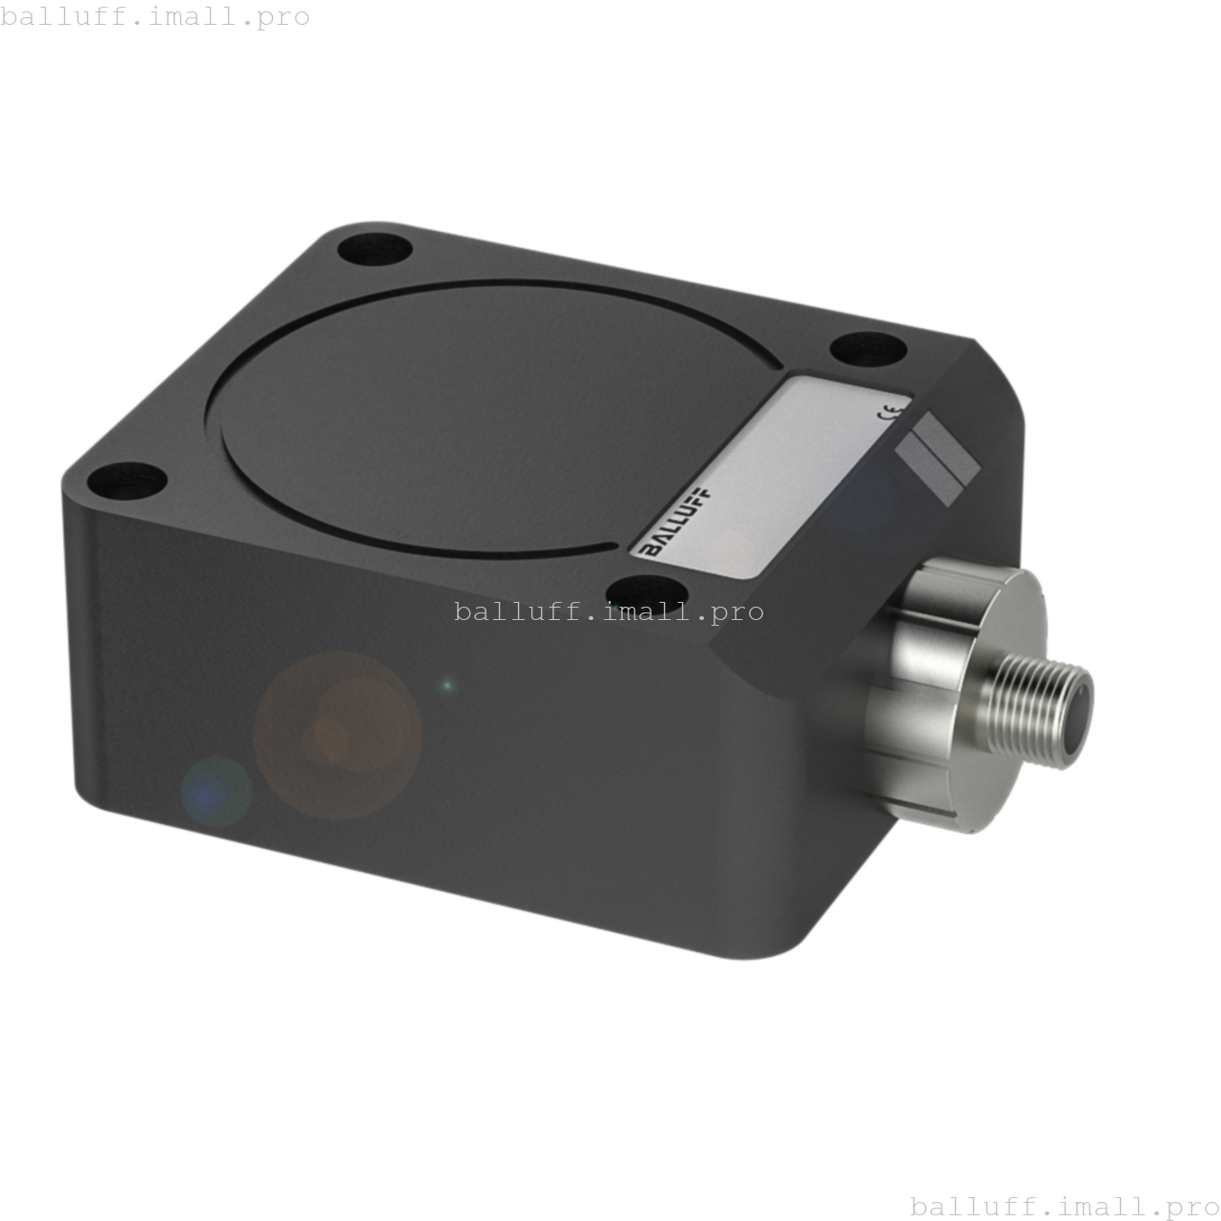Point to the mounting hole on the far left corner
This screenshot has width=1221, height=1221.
[126, 479]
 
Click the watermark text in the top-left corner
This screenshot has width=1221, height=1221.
[155, 16]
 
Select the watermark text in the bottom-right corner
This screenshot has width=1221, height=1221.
[1065, 1206]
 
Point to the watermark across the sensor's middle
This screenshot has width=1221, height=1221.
[609, 611]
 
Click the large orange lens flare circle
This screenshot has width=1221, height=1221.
[337, 735]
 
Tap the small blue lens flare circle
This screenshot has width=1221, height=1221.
[216, 791]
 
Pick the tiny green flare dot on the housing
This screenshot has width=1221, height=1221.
[446, 685]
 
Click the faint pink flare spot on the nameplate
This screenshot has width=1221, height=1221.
[733, 550]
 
